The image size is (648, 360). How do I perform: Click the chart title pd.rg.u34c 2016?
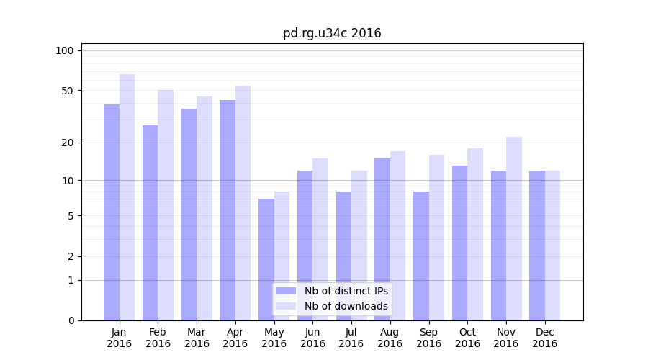tap(332, 33)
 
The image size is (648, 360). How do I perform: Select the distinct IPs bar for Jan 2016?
tap(112, 212)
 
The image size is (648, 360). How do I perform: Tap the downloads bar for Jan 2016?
tap(127, 197)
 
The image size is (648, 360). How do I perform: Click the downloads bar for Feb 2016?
tap(166, 205)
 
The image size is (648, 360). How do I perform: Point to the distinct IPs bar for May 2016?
tap(266, 259)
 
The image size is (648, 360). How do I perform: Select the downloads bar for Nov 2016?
tap(514, 228)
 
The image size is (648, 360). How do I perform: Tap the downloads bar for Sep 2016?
tap(436, 238)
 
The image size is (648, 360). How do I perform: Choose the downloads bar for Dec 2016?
tap(553, 246)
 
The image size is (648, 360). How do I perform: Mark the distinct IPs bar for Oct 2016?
tap(459, 243)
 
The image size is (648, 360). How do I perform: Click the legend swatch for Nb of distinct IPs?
tap(287, 291)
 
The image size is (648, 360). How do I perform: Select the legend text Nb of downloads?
tap(346, 306)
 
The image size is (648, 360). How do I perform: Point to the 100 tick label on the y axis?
tap(65, 50)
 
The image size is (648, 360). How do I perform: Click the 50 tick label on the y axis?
tap(67, 91)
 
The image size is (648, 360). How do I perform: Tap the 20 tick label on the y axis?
tap(67, 143)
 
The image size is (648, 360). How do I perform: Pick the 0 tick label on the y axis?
tap(71, 320)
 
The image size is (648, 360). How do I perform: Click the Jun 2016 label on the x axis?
tap(312, 338)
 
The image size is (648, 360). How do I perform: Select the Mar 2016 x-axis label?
tap(197, 338)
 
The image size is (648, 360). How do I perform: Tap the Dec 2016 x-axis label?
tap(544, 338)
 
